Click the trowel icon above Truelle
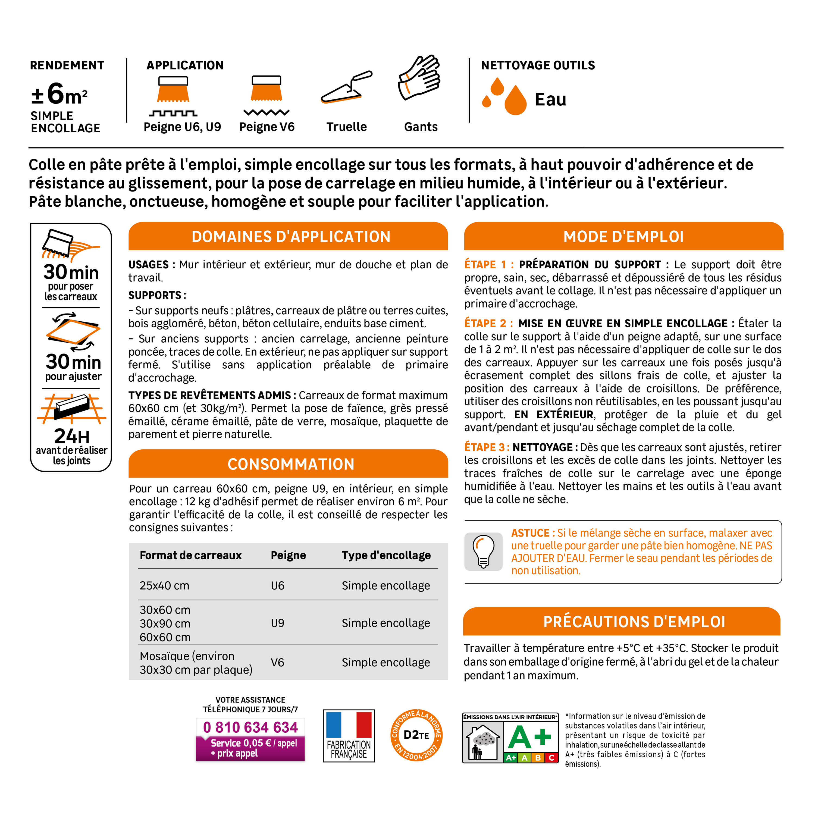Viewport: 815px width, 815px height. pos(346,88)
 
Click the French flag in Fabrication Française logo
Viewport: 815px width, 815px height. pos(349,725)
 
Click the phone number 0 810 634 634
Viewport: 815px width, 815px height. pos(250,727)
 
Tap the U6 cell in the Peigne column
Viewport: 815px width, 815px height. pos(278,585)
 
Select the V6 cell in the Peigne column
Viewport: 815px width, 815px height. pos(278,663)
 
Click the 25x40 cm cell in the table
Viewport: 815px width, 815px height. pos(165,585)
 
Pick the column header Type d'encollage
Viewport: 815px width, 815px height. pos(386,555)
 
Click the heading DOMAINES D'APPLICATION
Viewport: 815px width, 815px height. pos(291,237)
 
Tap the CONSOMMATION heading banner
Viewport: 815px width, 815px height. pos(291,464)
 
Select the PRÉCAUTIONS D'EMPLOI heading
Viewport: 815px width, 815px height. pos(634,622)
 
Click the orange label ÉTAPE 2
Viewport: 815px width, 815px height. pos(488,324)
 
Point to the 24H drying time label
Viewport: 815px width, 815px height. pos(72,436)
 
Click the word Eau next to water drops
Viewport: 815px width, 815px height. pos(550,99)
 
